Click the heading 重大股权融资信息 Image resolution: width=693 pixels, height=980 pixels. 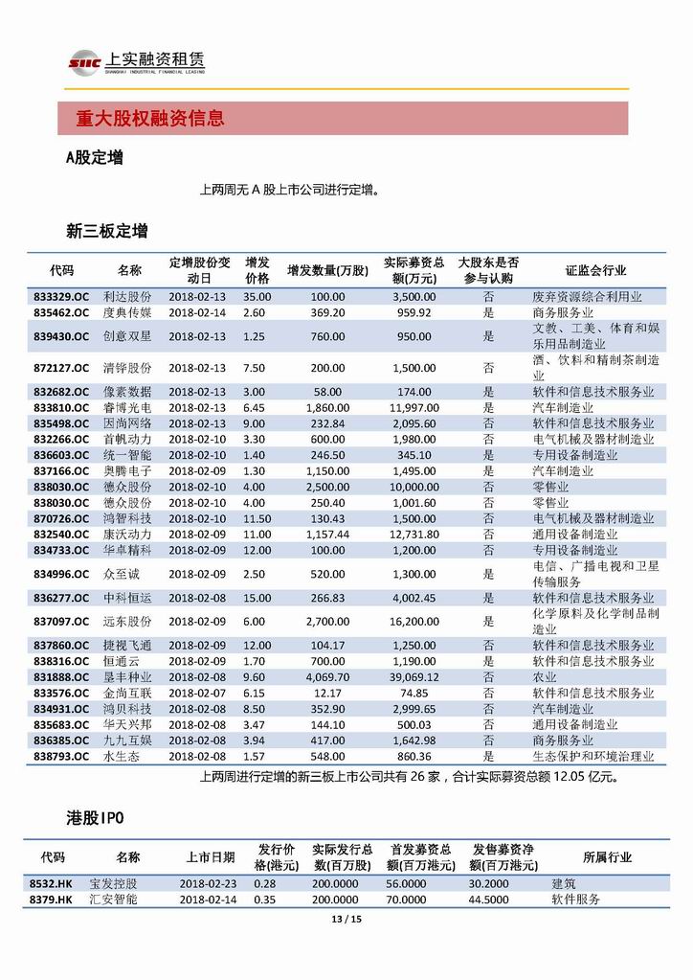[150, 119]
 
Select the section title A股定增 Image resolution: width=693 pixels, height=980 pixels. [94, 158]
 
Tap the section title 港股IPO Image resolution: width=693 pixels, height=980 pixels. [95, 817]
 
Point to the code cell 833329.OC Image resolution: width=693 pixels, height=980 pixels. [61, 297]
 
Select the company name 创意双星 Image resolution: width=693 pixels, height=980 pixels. [128, 336]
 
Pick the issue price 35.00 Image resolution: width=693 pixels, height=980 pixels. [257, 297]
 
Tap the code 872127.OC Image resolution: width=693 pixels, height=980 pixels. [61, 368]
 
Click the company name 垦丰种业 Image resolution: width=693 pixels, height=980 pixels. [128, 677]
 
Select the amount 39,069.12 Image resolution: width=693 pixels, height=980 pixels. [414, 677]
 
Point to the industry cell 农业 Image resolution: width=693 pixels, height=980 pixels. [544, 677]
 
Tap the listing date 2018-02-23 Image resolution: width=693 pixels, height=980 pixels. [209, 884]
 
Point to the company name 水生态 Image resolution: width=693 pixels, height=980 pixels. [122, 756]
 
